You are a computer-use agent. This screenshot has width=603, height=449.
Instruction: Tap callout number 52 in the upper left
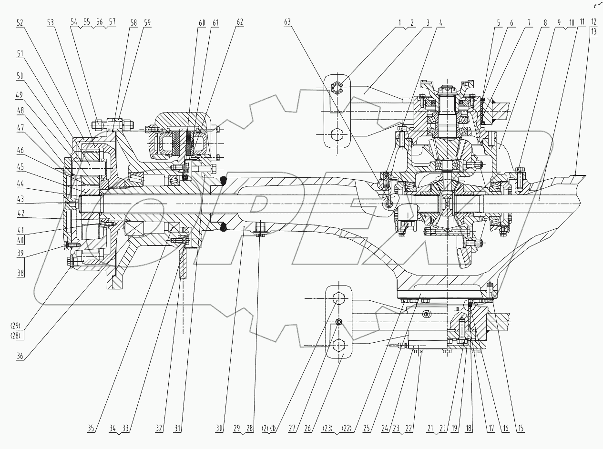20,22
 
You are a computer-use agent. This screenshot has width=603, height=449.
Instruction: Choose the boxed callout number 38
20,273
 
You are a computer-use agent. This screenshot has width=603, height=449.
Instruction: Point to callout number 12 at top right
594,22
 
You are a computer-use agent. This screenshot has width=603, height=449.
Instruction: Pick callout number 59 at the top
147,22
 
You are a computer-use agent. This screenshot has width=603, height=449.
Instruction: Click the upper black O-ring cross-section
222,180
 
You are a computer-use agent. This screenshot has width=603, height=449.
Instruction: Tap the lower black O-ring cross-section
222,228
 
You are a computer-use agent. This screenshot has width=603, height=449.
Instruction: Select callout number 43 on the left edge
20,198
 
